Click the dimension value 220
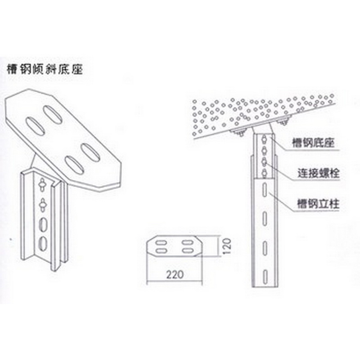click(x=175, y=274)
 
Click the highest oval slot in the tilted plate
click(x=53, y=114)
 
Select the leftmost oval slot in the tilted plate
click(x=35, y=126)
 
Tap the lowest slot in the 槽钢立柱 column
click(x=264, y=275)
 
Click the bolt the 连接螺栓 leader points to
click(x=265, y=162)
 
